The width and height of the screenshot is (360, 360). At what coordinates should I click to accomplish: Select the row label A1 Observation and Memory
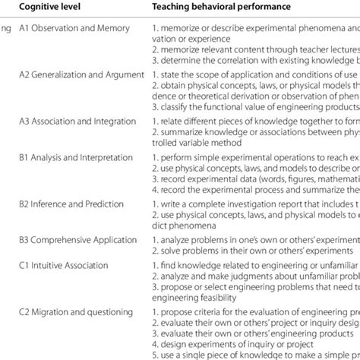[75, 28]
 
